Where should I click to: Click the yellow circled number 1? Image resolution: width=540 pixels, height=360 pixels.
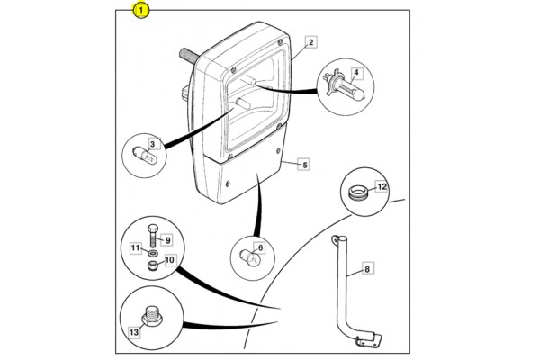click(141, 10)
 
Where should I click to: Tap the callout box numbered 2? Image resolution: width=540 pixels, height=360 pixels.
click(311, 42)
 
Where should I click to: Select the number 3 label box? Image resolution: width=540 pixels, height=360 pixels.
click(153, 144)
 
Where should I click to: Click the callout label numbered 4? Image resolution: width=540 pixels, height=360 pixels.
click(356, 73)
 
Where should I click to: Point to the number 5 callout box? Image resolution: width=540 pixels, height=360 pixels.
click(305, 165)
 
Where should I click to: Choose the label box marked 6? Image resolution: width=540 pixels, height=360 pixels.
click(260, 247)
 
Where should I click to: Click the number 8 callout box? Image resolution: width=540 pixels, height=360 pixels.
click(367, 268)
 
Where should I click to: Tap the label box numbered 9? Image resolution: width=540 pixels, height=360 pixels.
click(167, 239)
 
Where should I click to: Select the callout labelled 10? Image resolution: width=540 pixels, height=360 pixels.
click(170, 259)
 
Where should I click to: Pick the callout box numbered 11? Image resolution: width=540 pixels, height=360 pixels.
click(136, 248)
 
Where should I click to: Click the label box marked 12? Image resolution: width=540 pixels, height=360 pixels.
click(382, 186)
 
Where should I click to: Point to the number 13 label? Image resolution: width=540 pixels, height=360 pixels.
click(134, 332)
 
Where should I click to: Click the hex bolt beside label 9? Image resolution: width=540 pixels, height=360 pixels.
click(153, 236)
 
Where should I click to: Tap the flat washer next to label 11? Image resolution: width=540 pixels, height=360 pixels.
click(153, 254)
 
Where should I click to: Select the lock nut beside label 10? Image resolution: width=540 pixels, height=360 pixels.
click(151, 266)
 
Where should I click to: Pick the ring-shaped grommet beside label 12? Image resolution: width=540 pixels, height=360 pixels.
click(358, 192)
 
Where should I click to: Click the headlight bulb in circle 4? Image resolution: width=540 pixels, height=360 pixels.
click(345, 86)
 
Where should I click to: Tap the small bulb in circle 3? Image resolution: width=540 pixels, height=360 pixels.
click(145, 156)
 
